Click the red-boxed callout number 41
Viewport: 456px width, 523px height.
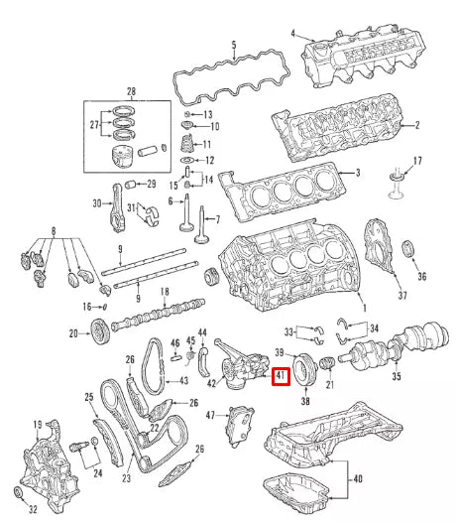281,376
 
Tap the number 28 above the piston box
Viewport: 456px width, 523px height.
131,91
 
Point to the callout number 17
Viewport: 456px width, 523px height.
417,161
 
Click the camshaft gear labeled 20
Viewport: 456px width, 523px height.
99,329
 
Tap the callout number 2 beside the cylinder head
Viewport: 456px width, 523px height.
417,126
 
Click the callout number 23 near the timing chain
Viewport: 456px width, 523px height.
127,478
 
